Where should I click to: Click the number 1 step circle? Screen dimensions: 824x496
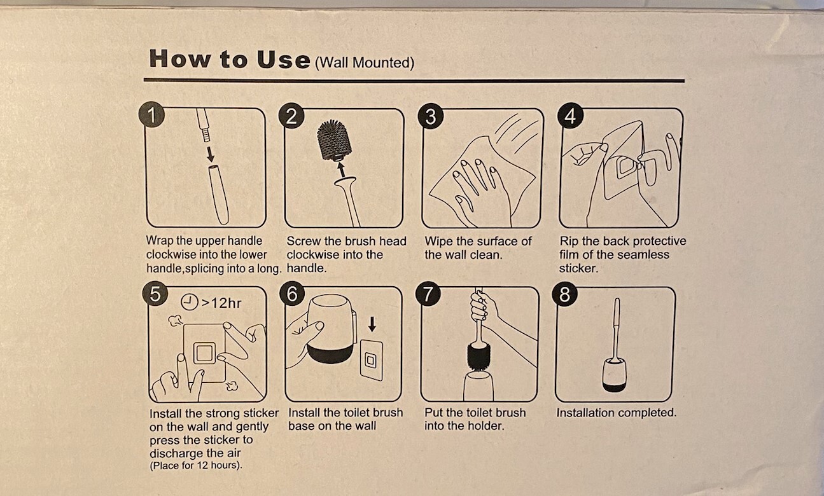[x=151, y=114]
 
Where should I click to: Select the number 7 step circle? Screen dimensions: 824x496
[x=428, y=294]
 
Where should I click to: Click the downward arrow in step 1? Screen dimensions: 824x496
[x=210, y=155]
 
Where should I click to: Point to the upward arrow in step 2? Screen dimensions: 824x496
[x=342, y=170]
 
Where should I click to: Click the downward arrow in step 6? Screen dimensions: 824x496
[x=372, y=324]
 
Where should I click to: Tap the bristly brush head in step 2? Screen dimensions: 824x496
[x=333, y=140]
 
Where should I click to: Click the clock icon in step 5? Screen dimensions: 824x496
[x=190, y=302]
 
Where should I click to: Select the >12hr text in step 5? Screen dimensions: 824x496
[x=221, y=303]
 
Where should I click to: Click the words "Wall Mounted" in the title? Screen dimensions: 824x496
[x=365, y=62]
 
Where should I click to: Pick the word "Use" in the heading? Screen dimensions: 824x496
[x=284, y=59]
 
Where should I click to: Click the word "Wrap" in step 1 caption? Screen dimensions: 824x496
[x=160, y=241]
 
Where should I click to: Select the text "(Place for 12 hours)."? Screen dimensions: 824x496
[x=196, y=465]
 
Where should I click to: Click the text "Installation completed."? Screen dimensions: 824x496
[x=616, y=413]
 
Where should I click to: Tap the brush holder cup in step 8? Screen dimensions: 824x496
[x=614, y=376]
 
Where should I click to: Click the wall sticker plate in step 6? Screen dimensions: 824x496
[x=371, y=360]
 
